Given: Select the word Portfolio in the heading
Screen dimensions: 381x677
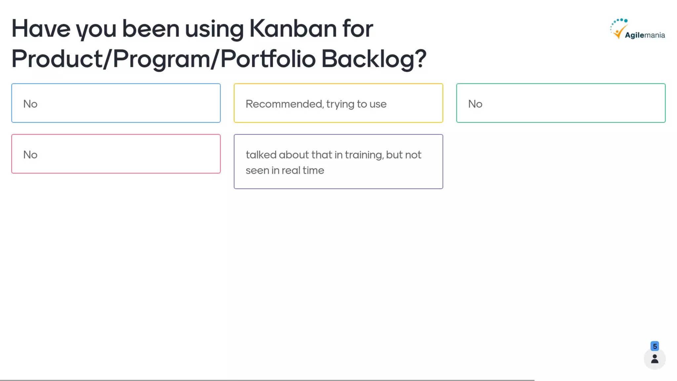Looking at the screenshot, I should click(x=268, y=59).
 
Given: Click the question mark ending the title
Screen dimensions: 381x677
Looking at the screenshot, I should click(x=420, y=58).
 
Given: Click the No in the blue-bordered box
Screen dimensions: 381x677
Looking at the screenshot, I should click(x=30, y=104).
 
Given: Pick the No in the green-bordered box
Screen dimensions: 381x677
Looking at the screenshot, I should click(x=475, y=104).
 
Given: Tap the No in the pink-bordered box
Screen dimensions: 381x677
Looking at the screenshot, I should click(x=30, y=155).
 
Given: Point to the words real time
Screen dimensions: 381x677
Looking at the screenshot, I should click(x=303, y=170).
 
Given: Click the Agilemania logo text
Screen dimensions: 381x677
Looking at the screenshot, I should click(x=645, y=35).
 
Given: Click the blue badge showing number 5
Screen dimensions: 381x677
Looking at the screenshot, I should click(x=655, y=346).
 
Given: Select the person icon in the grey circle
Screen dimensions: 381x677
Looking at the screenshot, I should click(x=655, y=359).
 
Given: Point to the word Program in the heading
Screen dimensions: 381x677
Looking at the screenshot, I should click(x=162, y=59).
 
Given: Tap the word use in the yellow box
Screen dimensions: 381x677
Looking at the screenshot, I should click(x=378, y=104).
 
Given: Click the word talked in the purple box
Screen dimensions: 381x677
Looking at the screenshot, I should click(x=261, y=155).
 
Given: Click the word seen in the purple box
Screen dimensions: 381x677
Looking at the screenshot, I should click(x=257, y=170).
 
